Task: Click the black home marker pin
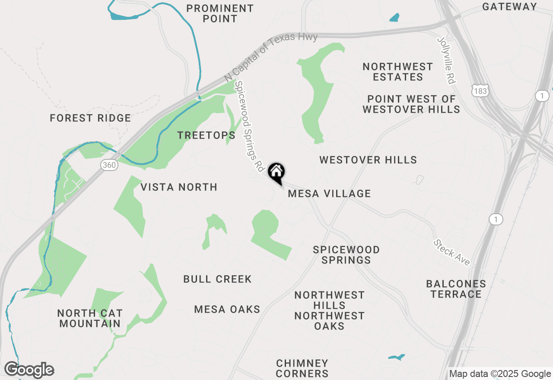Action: [276, 173]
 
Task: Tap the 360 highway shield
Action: [108, 165]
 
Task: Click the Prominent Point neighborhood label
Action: [220, 13]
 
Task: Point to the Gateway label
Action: [509, 6]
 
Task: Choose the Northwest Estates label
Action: [397, 72]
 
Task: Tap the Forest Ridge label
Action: [90, 118]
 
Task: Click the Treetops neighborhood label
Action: [207, 135]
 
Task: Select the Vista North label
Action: [179, 187]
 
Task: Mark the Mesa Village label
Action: [329, 193]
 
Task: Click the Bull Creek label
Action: [217, 279]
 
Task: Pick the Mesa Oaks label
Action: [227, 309]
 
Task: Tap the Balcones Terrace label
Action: [456, 289]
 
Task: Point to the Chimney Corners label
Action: [302, 368]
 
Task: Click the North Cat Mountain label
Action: [90, 318]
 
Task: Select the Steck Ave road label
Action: [452, 253]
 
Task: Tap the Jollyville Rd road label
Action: [447, 60]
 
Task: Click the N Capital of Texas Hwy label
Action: [271, 57]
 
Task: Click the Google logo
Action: [29, 370]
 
